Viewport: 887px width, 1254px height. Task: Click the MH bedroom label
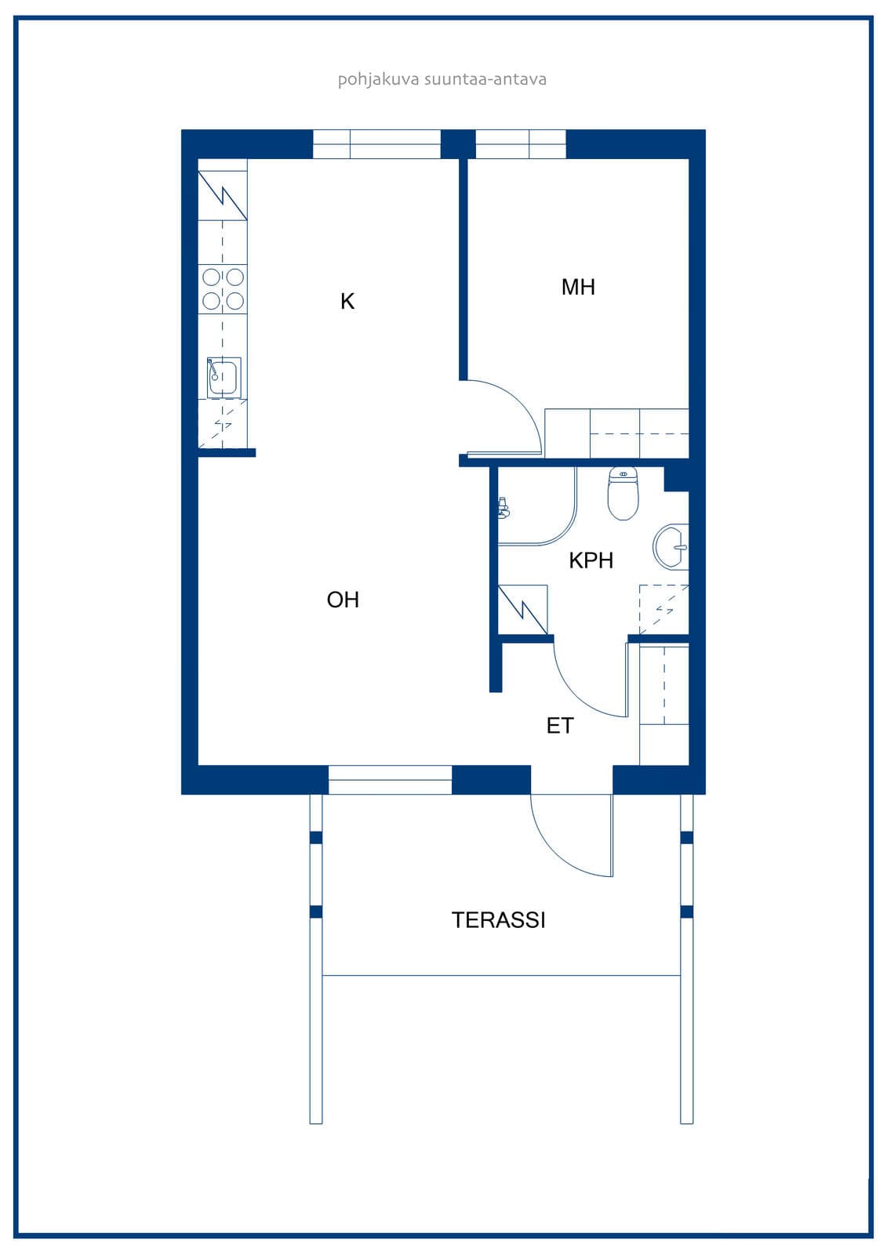578,287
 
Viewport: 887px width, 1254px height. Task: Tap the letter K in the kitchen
347,302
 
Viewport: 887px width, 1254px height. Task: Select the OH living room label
343,600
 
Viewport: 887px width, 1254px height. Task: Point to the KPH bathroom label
591,560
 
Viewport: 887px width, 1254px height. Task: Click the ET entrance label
560,726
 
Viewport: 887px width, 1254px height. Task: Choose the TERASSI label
498,920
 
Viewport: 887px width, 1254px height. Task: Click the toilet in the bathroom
623,493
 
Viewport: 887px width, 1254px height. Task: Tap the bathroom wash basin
671,547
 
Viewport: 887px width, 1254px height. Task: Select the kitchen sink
224,378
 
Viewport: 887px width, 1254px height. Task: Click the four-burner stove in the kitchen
223,289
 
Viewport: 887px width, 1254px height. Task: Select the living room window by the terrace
390,779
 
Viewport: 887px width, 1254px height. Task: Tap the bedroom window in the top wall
521,144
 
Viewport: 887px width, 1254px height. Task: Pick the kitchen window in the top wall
376,144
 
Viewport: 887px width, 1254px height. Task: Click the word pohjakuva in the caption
378,80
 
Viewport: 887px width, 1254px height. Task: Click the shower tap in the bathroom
503,507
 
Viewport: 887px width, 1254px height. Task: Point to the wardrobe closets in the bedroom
616,433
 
